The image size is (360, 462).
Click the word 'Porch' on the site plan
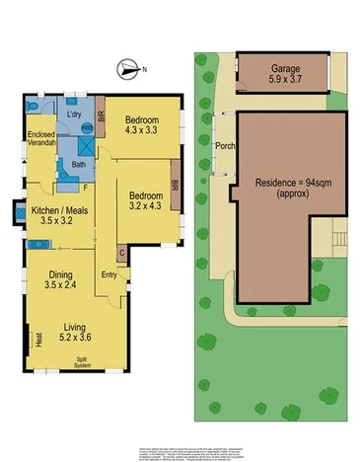point(224,149)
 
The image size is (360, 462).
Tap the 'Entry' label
point(108,275)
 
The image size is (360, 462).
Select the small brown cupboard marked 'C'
point(122,252)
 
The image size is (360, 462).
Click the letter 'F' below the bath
point(86,186)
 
